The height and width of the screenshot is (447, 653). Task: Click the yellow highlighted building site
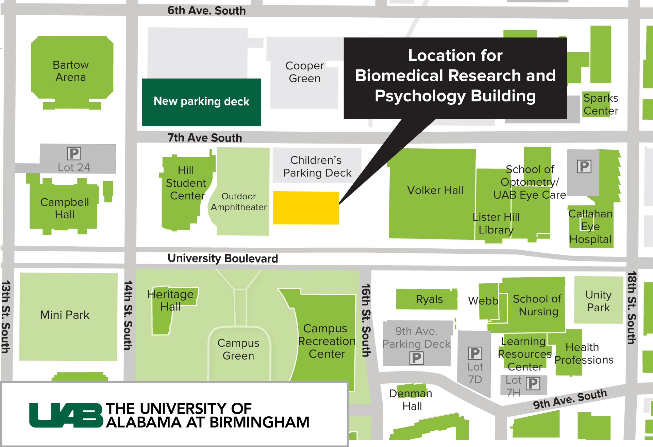pyautogui.click(x=306, y=208)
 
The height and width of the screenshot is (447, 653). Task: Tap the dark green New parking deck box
pyautogui.click(x=201, y=102)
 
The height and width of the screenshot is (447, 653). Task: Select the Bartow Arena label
pyautogui.click(x=71, y=71)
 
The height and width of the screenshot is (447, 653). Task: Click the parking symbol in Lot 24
pyautogui.click(x=74, y=153)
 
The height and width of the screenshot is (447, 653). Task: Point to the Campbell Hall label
pyautogui.click(x=65, y=208)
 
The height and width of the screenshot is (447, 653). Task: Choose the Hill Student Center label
pyautogui.click(x=186, y=183)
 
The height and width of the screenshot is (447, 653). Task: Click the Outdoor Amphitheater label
pyautogui.click(x=239, y=202)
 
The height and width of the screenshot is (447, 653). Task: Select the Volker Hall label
pyautogui.click(x=435, y=190)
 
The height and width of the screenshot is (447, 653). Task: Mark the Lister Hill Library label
pyautogui.click(x=496, y=223)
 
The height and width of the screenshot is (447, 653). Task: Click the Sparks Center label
pyautogui.click(x=601, y=104)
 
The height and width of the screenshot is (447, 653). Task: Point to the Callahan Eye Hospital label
pyautogui.click(x=591, y=227)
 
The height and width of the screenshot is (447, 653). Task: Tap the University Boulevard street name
pyautogui.click(x=223, y=259)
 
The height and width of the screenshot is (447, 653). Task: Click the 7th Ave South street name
pyautogui.click(x=205, y=138)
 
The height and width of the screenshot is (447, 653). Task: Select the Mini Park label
pyautogui.click(x=65, y=315)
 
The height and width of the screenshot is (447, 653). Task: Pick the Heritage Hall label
pyautogui.click(x=170, y=300)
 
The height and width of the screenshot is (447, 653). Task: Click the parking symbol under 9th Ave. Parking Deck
pyautogui.click(x=417, y=358)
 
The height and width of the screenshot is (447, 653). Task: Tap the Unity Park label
pyautogui.click(x=599, y=301)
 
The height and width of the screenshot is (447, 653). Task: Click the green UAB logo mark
pyautogui.click(x=66, y=415)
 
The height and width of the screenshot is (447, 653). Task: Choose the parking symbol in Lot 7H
pyautogui.click(x=533, y=384)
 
